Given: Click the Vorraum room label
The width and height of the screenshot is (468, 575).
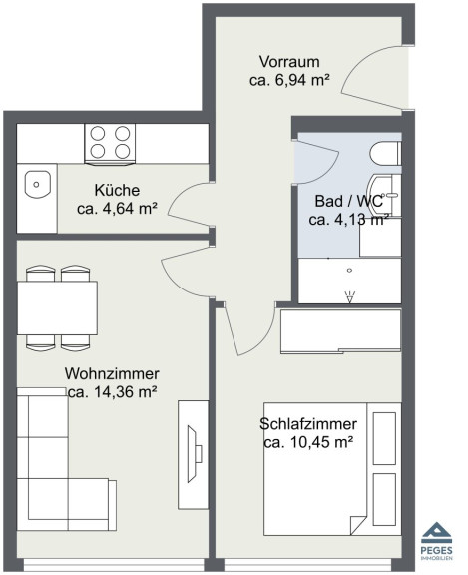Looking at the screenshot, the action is [289, 61].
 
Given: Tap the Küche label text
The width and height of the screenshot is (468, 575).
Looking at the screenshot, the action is [117, 190].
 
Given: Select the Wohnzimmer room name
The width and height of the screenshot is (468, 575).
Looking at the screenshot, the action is [112, 373].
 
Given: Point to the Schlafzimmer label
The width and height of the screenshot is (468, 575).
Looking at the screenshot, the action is [308, 424].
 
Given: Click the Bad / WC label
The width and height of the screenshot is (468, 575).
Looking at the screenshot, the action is [348, 201].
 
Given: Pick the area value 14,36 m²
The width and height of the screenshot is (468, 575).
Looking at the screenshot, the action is [126, 392].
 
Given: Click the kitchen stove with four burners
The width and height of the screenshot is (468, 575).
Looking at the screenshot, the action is [110, 144].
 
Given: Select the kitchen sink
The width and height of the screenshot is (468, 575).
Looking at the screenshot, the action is [37, 184].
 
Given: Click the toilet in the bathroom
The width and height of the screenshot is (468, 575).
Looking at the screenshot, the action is [385, 154].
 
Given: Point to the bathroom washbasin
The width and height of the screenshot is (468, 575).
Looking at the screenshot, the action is [384, 195].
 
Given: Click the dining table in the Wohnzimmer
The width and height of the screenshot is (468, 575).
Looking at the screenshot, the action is [58, 308].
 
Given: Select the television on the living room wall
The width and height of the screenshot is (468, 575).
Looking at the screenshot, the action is [195, 454].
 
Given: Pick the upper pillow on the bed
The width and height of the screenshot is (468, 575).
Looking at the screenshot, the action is [384, 438].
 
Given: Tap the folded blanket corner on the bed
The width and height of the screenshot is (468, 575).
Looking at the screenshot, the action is [358, 525].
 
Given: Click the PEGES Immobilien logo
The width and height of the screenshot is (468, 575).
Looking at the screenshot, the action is [436, 541].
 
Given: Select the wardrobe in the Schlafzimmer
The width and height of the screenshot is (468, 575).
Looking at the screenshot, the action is [341, 331].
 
